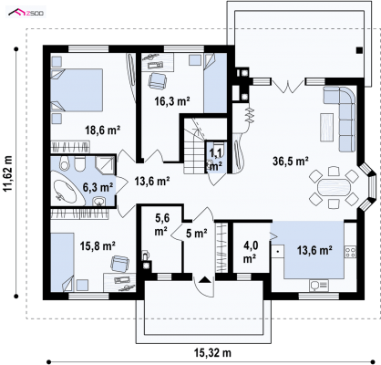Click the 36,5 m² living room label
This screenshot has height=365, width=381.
291,161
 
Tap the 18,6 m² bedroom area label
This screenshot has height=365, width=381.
103,130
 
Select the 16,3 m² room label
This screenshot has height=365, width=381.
172,101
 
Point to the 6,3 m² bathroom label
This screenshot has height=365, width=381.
98,187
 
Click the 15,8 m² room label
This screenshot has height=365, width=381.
98,245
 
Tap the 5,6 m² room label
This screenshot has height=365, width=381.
162,224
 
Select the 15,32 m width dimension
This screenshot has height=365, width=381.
212,353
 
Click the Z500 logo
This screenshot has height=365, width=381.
26,13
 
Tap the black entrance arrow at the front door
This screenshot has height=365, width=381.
205,279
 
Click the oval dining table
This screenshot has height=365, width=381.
334,187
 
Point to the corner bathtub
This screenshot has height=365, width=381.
68,187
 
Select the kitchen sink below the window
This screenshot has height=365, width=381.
319,285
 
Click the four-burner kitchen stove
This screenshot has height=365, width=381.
350,252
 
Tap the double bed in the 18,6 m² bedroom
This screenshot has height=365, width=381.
77,90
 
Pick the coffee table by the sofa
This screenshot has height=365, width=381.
327,127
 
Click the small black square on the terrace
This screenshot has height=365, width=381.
359,51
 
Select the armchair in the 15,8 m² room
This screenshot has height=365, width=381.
119,264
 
